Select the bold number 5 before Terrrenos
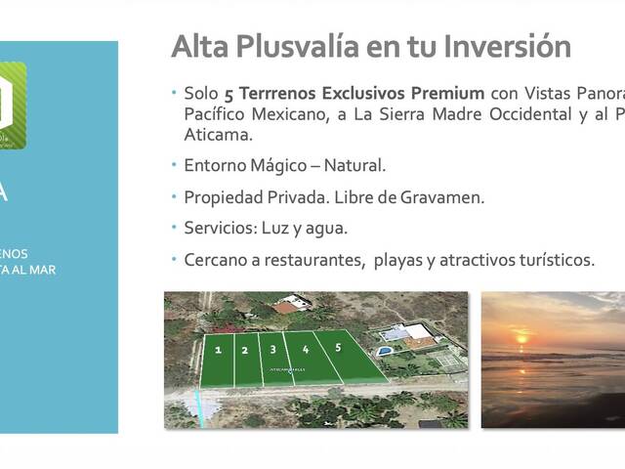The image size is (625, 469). coord(229,94)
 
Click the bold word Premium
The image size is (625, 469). coord(449,94)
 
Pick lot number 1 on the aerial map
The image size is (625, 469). coord(218,349)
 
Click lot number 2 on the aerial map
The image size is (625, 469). coord(244,350)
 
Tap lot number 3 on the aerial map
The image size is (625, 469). coord(273,348)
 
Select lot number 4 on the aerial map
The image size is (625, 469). coord(306,348)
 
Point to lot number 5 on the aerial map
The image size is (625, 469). coord(338,347)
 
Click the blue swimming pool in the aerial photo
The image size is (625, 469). coord(387,349)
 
